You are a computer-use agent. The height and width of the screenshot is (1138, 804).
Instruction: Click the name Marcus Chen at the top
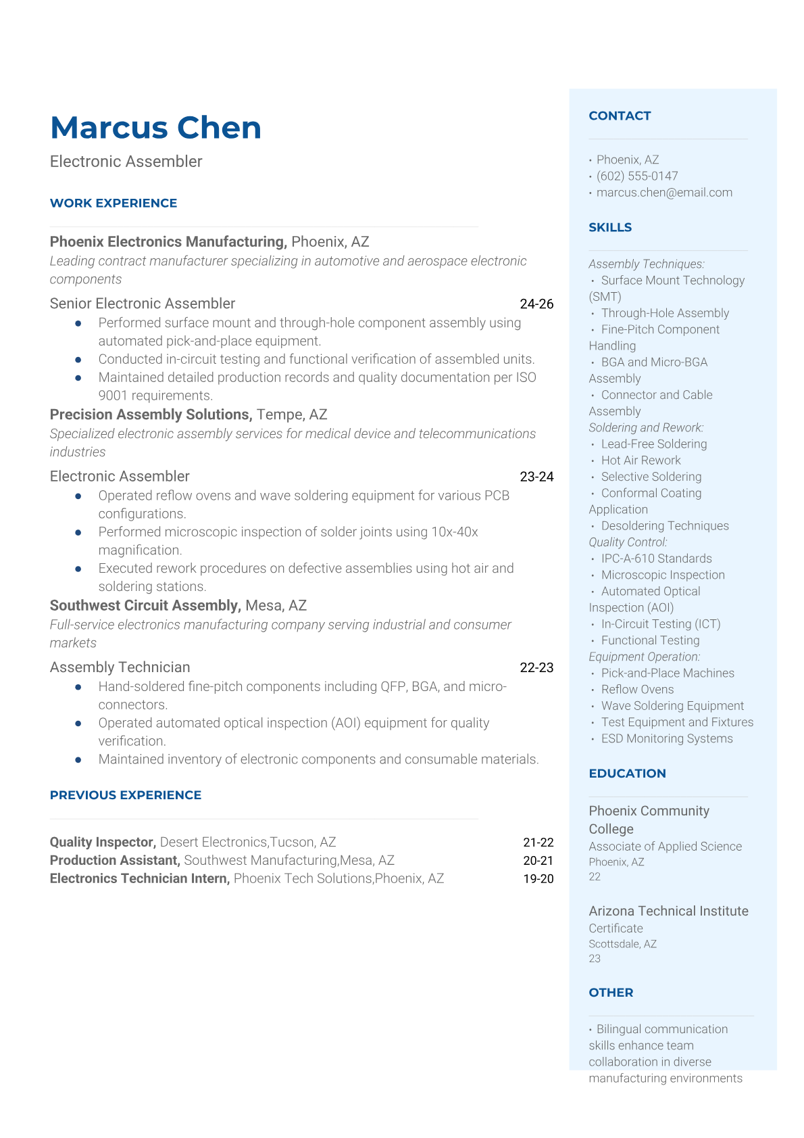tap(155, 128)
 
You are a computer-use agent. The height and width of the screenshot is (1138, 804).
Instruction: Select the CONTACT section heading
tap(620, 116)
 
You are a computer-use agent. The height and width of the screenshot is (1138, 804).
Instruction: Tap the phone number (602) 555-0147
tap(636, 176)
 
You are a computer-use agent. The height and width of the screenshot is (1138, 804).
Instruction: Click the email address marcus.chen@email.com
tap(664, 193)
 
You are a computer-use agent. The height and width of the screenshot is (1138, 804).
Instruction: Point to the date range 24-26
tap(536, 304)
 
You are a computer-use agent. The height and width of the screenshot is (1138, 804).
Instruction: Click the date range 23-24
tap(536, 477)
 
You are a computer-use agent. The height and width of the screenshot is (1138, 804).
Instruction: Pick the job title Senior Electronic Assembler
tap(143, 304)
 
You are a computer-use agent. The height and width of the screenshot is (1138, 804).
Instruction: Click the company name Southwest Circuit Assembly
tap(145, 605)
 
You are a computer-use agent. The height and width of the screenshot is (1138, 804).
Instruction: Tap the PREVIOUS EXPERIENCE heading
tap(126, 795)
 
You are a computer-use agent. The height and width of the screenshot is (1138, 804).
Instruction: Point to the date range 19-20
tap(538, 879)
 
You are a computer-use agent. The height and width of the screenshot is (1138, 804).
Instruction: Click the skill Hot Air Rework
tap(640, 460)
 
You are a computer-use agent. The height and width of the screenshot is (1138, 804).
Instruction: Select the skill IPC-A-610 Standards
tap(656, 559)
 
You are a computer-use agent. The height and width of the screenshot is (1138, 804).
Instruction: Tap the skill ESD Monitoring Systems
tap(666, 738)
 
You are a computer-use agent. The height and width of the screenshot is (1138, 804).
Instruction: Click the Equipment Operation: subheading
tap(644, 657)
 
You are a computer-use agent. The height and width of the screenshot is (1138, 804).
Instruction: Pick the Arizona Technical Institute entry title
tap(668, 911)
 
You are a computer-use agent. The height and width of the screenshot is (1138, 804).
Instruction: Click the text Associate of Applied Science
tap(665, 847)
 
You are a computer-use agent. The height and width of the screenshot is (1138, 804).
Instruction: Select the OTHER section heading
tap(611, 993)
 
